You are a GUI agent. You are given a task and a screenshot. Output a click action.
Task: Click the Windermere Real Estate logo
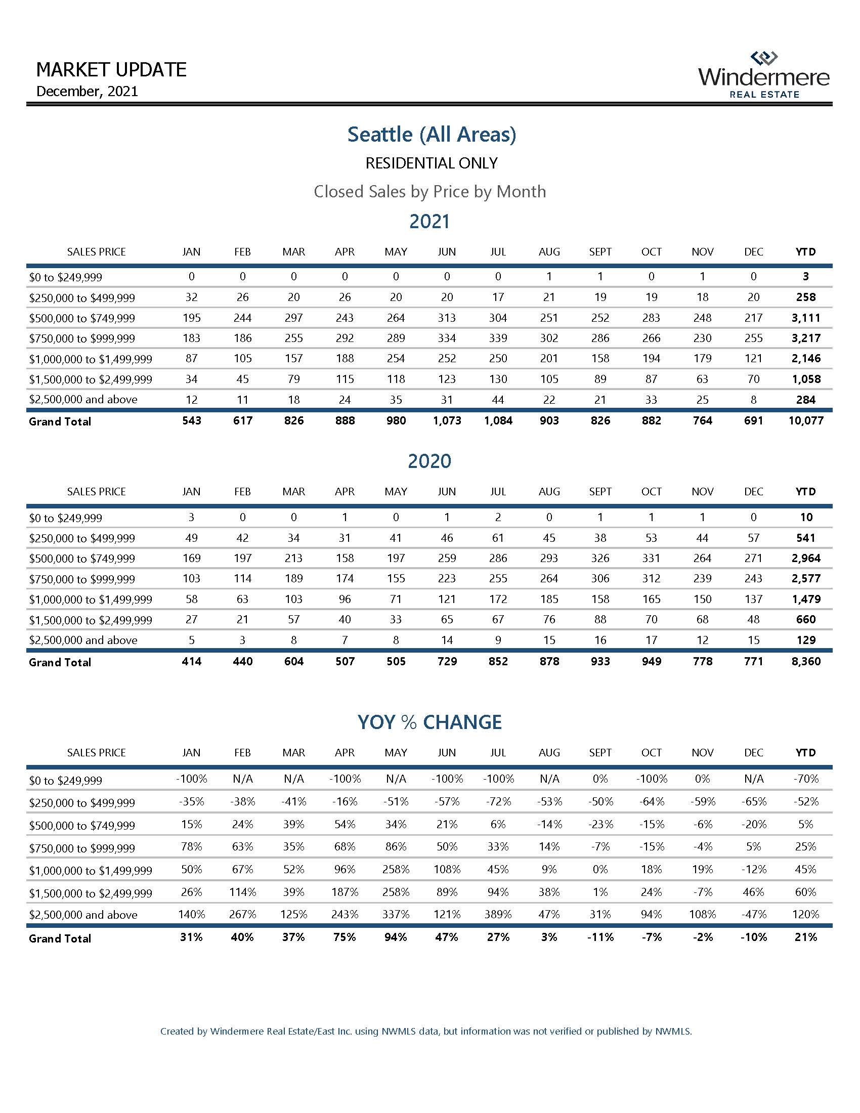(x=764, y=75)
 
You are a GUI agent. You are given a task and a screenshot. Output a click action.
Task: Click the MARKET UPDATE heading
(x=112, y=69)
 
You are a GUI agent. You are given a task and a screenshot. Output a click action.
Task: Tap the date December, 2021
(x=87, y=91)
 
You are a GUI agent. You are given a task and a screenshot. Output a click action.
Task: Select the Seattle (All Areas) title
(x=432, y=134)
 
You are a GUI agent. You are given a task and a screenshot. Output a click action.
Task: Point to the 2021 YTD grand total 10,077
(x=805, y=421)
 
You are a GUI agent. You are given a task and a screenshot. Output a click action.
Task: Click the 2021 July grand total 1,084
(x=498, y=421)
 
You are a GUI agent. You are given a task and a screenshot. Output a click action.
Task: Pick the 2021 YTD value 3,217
(x=805, y=338)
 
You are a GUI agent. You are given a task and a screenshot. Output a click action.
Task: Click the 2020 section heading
(x=429, y=461)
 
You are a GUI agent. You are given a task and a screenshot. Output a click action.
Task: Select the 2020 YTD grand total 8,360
(x=805, y=662)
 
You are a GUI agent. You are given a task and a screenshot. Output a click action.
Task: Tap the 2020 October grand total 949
(x=651, y=662)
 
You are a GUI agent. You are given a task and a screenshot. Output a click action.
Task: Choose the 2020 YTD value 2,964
(x=805, y=558)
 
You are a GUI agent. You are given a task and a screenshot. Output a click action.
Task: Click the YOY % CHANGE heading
(x=429, y=722)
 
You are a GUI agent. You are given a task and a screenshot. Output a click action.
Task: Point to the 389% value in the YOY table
(x=498, y=914)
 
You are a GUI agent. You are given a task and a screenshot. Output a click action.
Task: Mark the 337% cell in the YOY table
(x=396, y=914)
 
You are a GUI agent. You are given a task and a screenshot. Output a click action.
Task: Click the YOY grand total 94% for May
(x=396, y=937)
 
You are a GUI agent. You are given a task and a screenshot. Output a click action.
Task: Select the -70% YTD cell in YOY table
(x=805, y=779)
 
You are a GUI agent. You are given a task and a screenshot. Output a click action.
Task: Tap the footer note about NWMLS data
(x=426, y=1032)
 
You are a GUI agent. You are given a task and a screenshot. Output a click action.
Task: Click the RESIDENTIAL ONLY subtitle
(x=432, y=163)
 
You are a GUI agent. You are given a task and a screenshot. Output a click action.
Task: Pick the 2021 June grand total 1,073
(x=447, y=421)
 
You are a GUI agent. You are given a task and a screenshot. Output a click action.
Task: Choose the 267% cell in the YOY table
(x=242, y=914)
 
